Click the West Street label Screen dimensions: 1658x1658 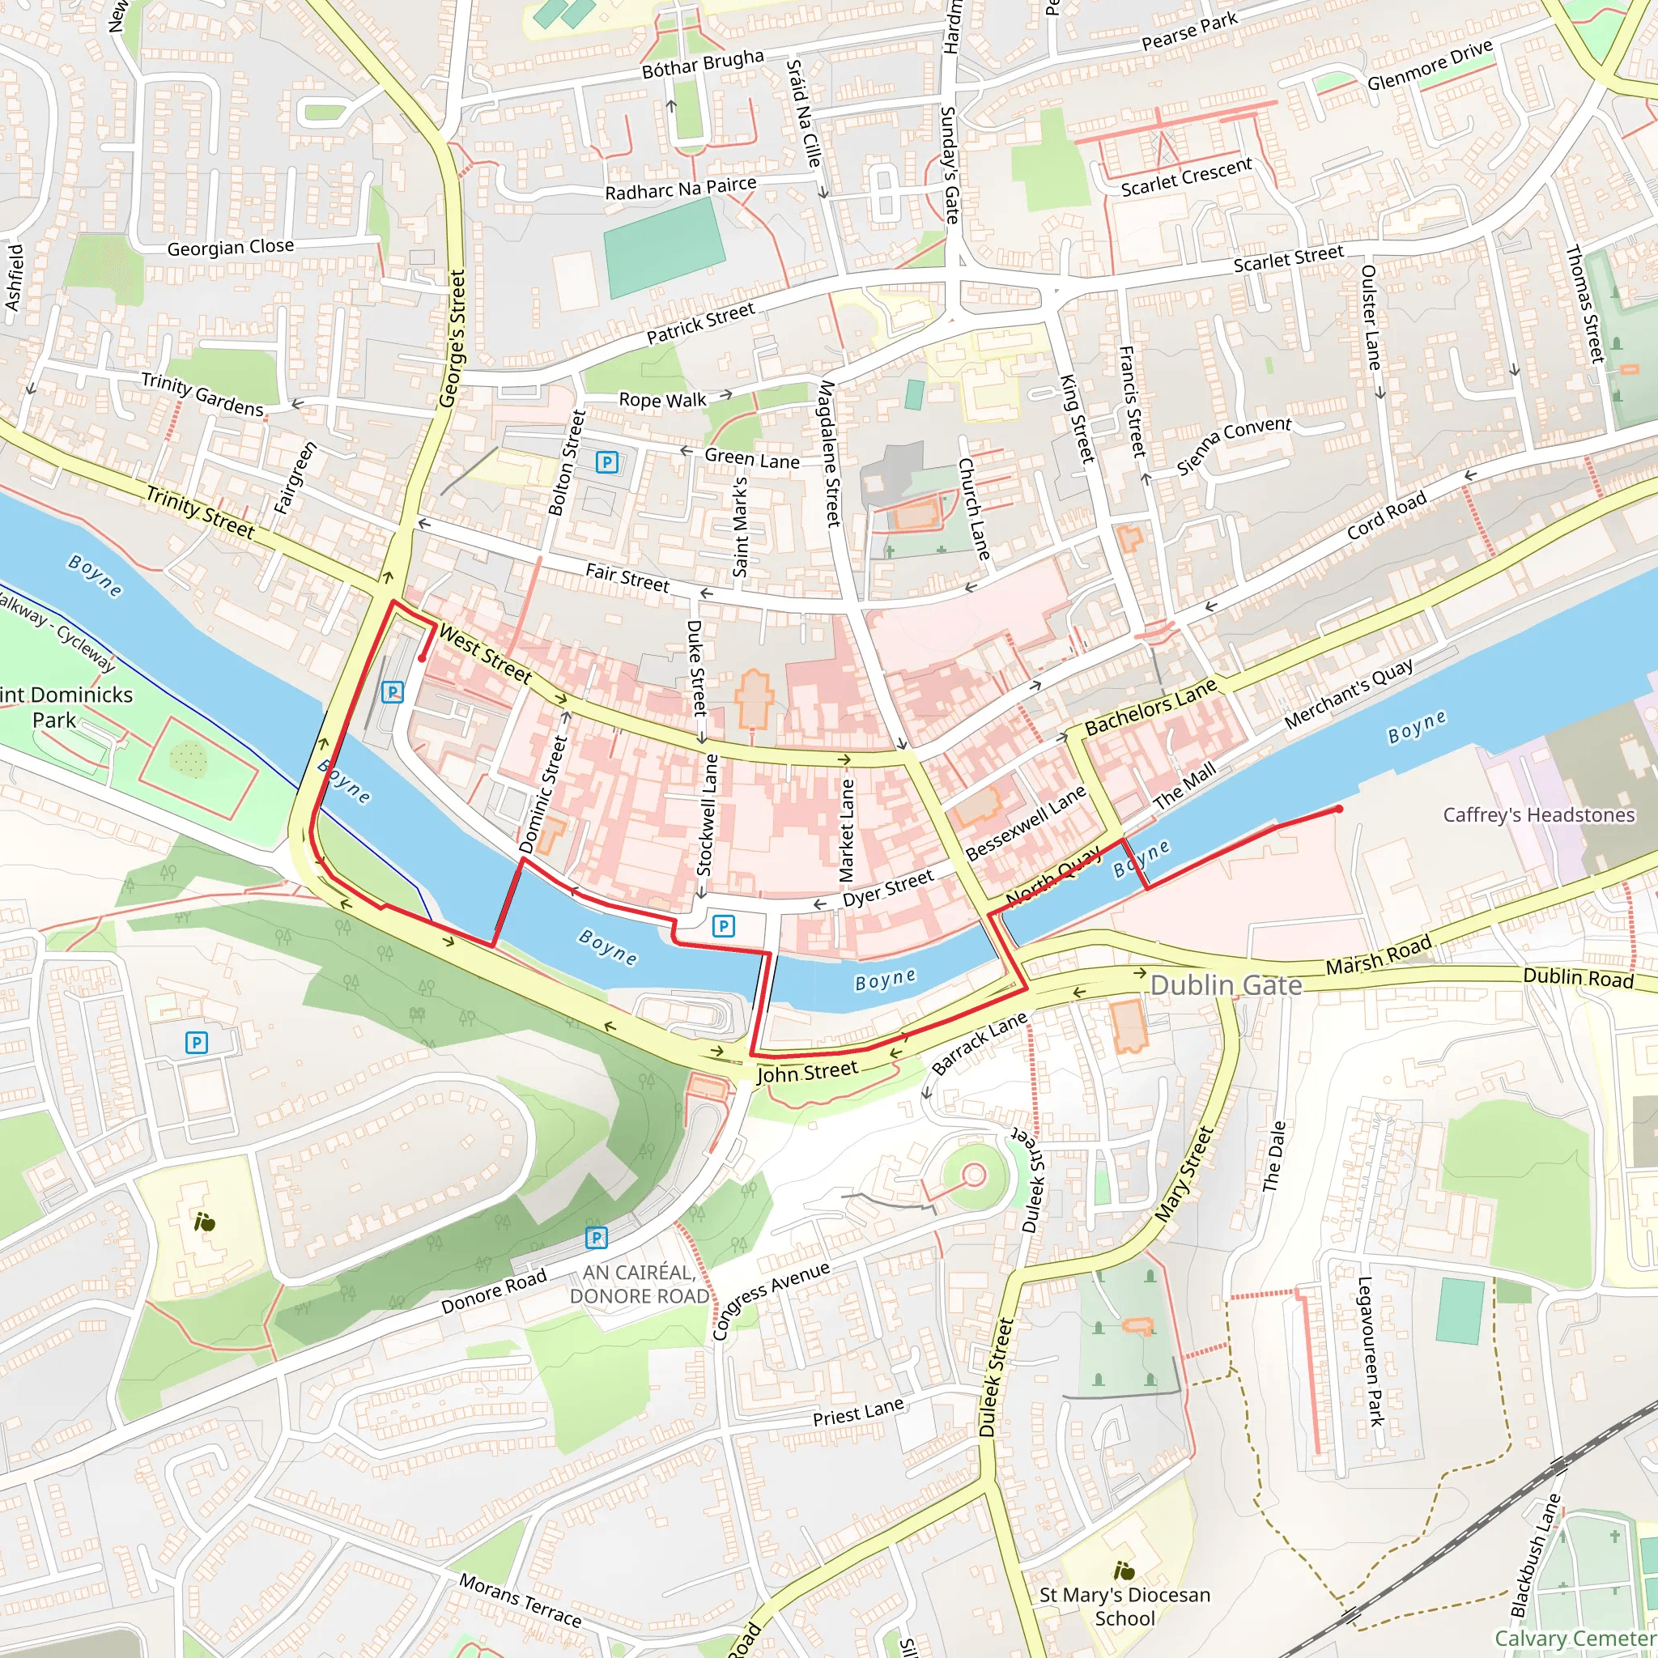(x=485, y=655)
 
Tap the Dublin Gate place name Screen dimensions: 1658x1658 (x=1226, y=985)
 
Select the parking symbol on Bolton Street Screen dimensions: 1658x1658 (x=606, y=462)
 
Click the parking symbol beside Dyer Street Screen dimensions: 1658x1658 (x=724, y=926)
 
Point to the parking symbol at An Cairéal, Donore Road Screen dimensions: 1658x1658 (x=596, y=1238)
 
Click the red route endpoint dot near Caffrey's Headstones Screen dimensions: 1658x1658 (x=1339, y=809)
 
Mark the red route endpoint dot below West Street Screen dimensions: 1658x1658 (x=423, y=658)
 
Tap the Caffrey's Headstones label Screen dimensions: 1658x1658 (x=1539, y=814)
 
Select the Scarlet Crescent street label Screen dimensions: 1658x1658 (x=1186, y=177)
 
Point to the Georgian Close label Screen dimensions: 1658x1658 (x=230, y=248)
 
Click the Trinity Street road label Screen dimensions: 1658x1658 (x=200, y=512)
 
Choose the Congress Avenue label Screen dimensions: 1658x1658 (x=771, y=1300)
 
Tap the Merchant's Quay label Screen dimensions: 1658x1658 (x=1349, y=695)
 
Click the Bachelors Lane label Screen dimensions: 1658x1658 (x=1150, y=707)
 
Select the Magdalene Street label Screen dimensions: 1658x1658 (x=829, y=453)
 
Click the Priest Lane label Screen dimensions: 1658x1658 (x=858, y=1412)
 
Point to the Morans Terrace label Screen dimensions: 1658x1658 (x=520, y=1600)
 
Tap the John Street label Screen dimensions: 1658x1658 (x=806, y=1072)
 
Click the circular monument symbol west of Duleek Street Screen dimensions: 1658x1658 (x=973, y=1174)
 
